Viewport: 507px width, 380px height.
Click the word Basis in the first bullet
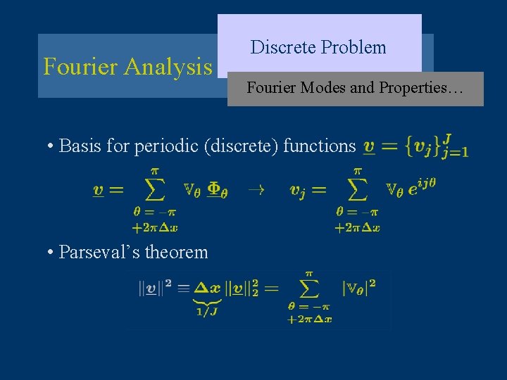[80, 146]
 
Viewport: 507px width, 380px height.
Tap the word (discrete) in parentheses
[246, 146]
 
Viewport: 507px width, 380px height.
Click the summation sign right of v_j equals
[357, 189]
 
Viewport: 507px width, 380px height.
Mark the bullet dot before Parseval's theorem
[51, 252]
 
